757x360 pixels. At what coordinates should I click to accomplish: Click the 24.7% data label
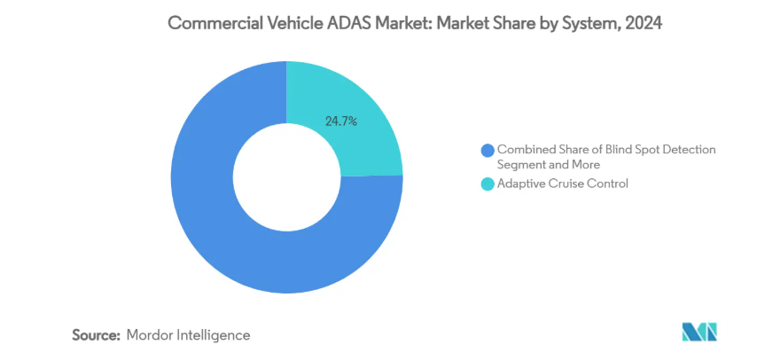pos(341,121)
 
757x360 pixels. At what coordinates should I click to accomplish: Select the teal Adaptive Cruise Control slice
pos(355,102)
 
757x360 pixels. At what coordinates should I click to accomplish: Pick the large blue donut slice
pos(230,239)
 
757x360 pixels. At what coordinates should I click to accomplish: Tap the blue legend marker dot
pos(486,150)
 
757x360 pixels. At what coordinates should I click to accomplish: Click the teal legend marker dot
pos(486,184)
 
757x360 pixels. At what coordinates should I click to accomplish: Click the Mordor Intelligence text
pos(188,335)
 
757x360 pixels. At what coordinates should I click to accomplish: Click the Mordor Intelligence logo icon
pos(698,333)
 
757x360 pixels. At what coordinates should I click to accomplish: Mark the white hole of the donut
pos(285,176)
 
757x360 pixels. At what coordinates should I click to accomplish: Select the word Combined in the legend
pos(524,150)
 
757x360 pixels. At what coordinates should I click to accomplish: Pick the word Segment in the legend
pos(521,164)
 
